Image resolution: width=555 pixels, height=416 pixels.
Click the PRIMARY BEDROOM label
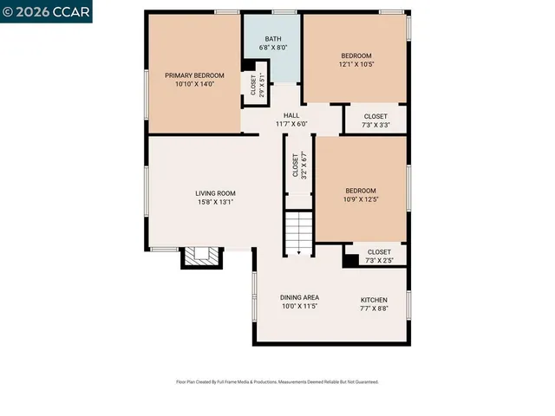click(x=194, y=75)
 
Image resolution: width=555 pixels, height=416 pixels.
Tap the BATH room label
click(x=273, y=38)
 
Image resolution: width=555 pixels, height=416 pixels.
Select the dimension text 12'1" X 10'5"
click(x=356, y=64)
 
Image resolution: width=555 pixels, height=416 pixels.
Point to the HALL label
click(x=291, y=115)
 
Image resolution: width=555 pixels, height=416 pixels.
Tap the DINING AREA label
click(x=299, y=297)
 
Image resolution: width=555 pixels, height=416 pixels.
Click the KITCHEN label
click(x=374, y=300)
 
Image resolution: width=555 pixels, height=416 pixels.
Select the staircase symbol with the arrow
click(x=298, y=233)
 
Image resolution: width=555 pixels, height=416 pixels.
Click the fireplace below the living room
click(x=202, y=257)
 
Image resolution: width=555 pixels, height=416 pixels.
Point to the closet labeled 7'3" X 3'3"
click(x=375, y=120)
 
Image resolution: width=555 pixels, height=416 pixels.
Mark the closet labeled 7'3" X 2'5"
click(x=379, y=256)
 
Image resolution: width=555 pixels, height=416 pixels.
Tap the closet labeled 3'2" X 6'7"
click(x=299, y=165)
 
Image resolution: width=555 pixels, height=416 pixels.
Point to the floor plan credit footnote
click(x=277, y=381)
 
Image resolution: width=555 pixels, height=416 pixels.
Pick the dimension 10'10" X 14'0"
click(x=194, y=84)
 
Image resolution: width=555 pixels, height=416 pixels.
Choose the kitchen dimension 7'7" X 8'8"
click(x=374, y=309)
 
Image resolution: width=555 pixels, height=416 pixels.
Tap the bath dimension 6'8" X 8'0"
click(x=273, y=47)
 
